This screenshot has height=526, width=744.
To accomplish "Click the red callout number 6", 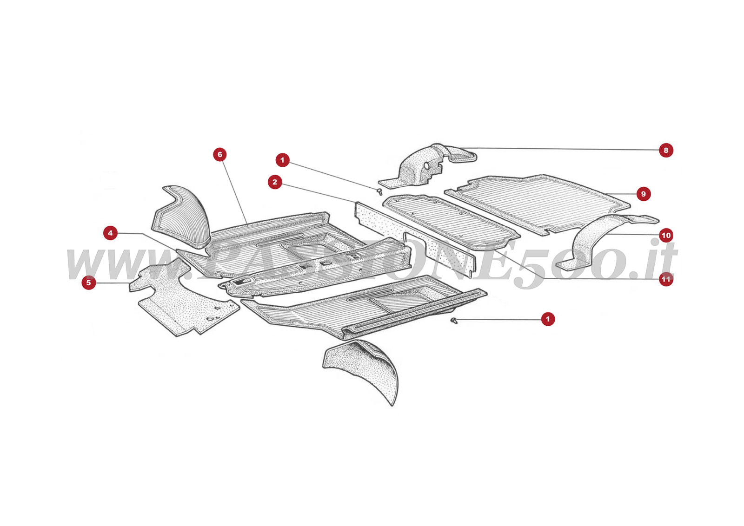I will pos(220,155).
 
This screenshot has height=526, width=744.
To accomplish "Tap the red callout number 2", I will pos(275,182).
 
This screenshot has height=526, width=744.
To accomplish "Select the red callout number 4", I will pos(110,233).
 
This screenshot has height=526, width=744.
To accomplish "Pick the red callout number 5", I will pos(89,282).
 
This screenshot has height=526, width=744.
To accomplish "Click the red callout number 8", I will pos(666,150).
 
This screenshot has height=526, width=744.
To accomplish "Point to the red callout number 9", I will pos(643,194).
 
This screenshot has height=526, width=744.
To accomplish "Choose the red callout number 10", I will pos(666,235).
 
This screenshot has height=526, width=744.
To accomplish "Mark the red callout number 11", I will pos(666,279).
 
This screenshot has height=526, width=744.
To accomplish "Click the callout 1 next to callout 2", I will pos(282,160).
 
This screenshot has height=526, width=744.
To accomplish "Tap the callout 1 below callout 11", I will pos(548,319).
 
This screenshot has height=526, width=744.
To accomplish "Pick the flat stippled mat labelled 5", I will pos(186,302).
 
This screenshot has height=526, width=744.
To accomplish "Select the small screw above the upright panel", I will pos(380,191).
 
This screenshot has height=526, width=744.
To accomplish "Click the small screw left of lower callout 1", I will pos(454,321).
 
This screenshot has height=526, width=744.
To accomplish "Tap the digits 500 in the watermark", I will pos(591,265).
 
